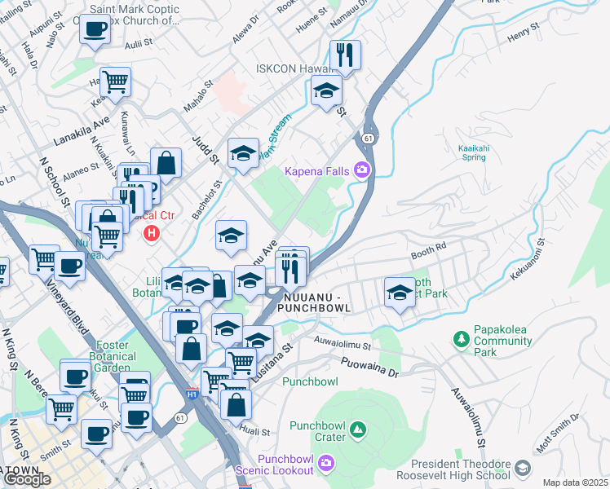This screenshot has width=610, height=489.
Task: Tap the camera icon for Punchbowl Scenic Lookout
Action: point(326,464)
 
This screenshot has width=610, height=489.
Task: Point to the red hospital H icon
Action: point(151,234)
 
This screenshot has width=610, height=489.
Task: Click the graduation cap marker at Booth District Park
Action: point(400,292)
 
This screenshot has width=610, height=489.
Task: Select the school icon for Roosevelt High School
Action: point(522,468)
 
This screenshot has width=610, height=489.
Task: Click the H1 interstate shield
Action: point(192,394)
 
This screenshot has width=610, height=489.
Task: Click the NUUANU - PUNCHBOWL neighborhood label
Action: point(314,302)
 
